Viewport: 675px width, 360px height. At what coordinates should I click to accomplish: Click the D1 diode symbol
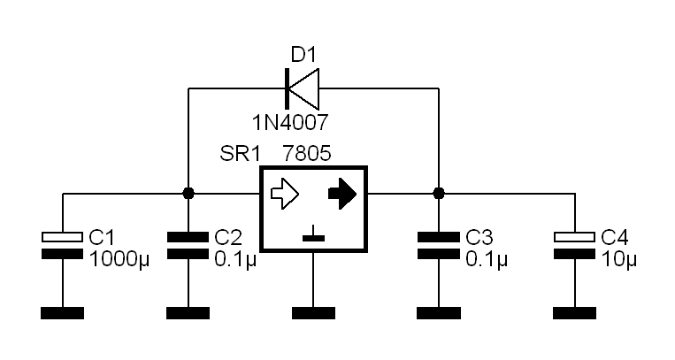pos(303,88)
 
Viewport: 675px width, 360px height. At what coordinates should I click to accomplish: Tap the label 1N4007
pos(290,123)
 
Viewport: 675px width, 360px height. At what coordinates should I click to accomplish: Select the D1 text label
pos(303,55)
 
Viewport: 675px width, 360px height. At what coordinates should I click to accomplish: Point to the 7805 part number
pos(307,153)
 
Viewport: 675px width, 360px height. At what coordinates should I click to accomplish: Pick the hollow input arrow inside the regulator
pos(285,194)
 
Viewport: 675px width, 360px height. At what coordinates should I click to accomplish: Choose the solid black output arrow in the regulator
pos(342,194)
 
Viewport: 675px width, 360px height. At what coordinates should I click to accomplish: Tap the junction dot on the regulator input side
pos(188,194)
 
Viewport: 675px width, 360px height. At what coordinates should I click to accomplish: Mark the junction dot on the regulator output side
pos(439,194)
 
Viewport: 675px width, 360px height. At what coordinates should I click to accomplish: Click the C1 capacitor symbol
pos(63,246)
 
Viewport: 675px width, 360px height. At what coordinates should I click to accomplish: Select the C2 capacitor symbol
pos(188,246)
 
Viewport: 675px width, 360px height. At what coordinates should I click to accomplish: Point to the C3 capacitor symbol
pos(439,246)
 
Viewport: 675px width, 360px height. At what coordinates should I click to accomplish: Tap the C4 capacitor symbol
pos(575,246)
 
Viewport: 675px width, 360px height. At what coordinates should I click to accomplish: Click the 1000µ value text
pos(119,260)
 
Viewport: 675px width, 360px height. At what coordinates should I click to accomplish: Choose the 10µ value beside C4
pos(618,260)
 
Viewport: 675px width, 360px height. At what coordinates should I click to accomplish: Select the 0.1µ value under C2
pos(235,260)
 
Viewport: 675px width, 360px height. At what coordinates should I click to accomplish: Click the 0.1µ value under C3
pos(487,260)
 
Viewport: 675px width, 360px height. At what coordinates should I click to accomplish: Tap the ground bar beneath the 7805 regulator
pos(313,313)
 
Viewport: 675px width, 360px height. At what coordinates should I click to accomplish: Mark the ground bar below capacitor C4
pos(575,313)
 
